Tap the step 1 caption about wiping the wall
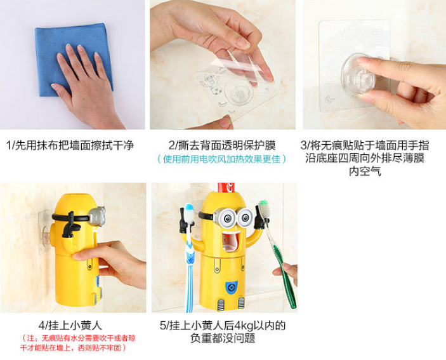pyautogui.click(x=70, y=145)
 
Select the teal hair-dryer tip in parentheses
pyautogui.click(x=222, y=159)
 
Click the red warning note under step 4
pyautogui.click(x=77, y=343)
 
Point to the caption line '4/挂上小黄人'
pyautogui.click(x=70, y=325)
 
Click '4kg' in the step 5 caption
pyautogui.click(x=243, y=326)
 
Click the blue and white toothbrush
pyautogui.click(x=189, y=256)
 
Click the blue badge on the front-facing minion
pyautogui.click(x=232, y=288)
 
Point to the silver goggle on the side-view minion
pyautogui.click(x=97, y=217)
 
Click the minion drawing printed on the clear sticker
pyautogui.click(x=209, y=84)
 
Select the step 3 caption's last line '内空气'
pyautogui.click(x=365, y=171)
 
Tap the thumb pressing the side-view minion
pyautogui.click(x=82, y=256)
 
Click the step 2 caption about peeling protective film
pyautogui.click(x=222, y=145)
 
